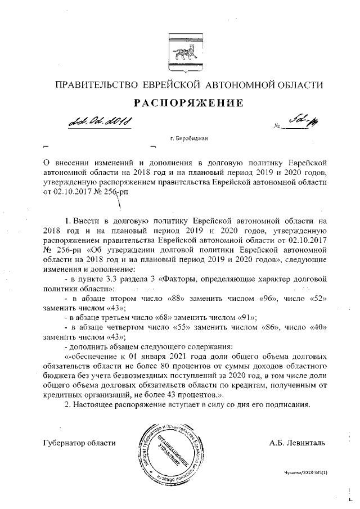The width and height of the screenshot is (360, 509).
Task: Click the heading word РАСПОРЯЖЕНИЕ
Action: [x=180, y=103]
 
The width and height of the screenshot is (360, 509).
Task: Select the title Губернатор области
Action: [x=79, y=443]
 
